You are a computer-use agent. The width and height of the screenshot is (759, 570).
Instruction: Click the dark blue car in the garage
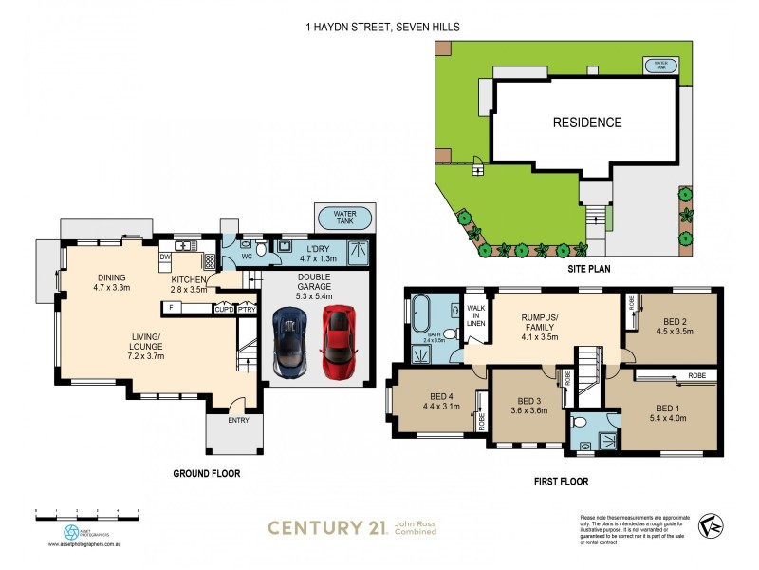point(289,341)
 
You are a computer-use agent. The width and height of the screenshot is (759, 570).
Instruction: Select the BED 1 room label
point(669,408)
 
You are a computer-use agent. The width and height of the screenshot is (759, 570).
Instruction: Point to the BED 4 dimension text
point(440,407)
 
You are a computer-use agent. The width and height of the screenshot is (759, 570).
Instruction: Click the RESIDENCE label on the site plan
point(587,123)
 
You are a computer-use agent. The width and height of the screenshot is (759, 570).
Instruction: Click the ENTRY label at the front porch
point(237,419)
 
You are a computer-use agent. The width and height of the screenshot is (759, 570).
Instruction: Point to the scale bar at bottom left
point(86,512)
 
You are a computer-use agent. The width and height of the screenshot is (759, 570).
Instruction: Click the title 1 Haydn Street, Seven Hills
point(379,28)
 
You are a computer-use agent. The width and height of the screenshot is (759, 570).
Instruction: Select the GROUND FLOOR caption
point(206,472)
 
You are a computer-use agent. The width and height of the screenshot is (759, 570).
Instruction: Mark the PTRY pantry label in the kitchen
point(246,309)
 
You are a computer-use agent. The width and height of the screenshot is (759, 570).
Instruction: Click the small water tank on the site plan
point(661,66)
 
